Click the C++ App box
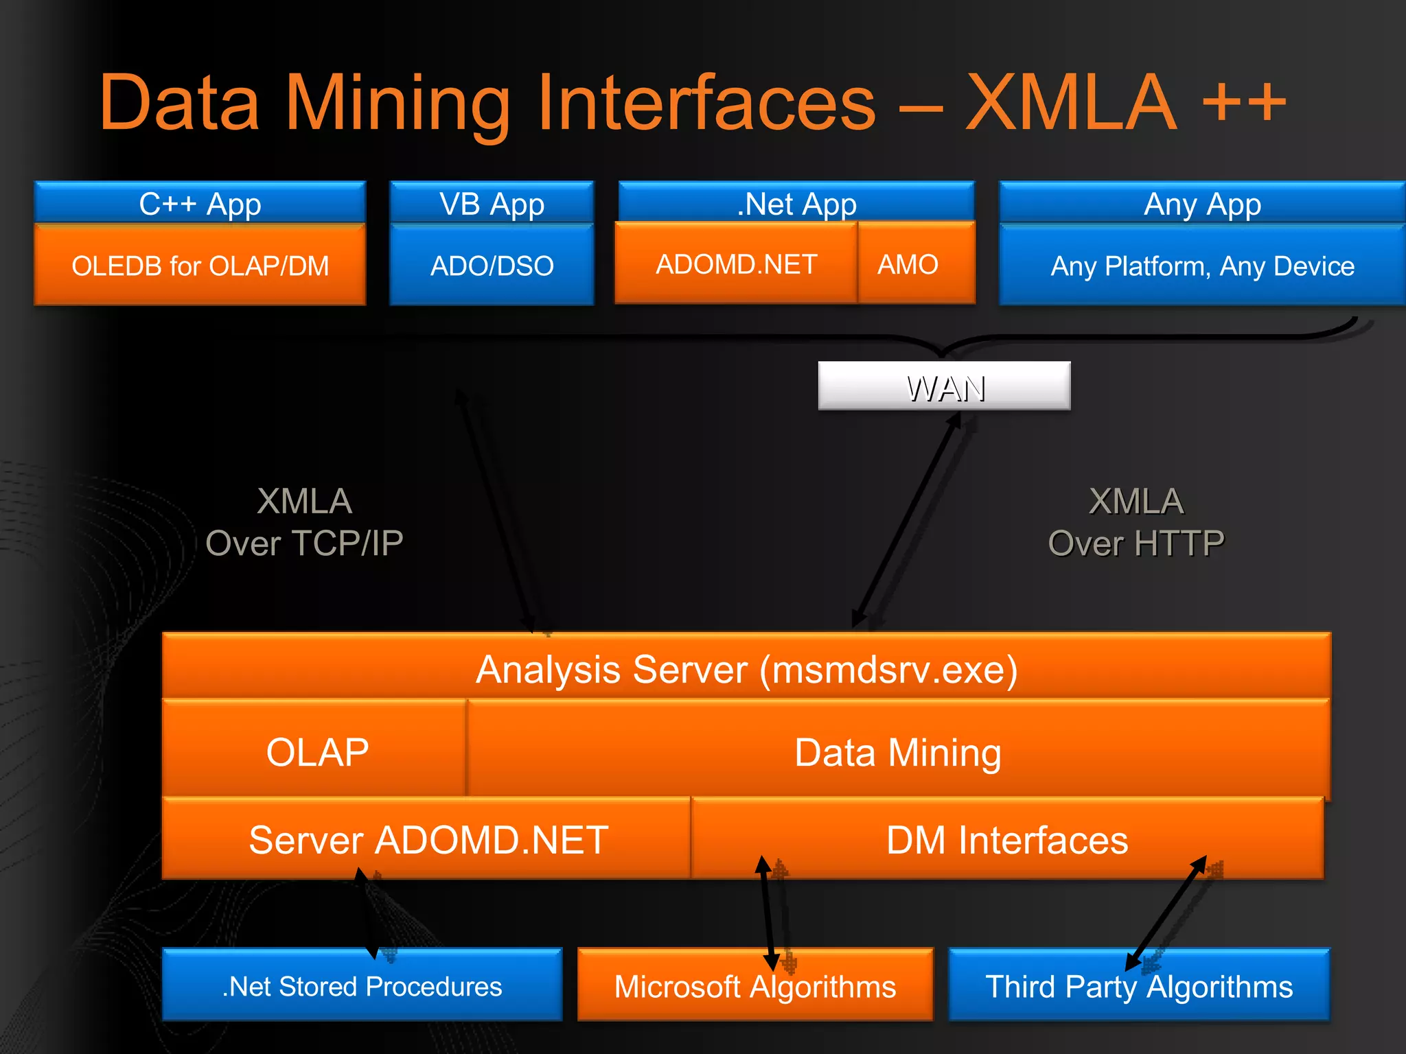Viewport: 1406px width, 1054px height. pos(200,203)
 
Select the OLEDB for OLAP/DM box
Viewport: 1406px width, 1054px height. pos(200,266)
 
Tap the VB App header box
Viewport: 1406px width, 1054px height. pos(492,203)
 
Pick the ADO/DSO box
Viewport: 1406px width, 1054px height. pos(492,266)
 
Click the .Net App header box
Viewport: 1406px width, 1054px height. pos(796,203)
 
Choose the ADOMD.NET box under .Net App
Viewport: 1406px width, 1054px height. pos(736,264)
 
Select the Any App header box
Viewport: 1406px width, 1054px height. pos(1202,203)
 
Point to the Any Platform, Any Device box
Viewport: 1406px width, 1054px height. pos(1202,266)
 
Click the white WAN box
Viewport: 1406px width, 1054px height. pos(944,386)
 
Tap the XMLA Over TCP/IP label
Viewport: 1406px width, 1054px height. pos(304,522)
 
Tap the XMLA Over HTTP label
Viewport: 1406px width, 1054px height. pos(1136,522)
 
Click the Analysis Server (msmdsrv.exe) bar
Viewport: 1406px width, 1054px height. pos(746,668)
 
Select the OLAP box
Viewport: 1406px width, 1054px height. pos(316,751)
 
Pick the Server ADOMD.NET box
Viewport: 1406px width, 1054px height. pos(427,839)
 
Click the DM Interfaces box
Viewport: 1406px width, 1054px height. pos(1006,839)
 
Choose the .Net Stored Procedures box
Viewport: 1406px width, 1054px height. pos(362,986)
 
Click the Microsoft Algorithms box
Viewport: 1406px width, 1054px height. pos(754,986)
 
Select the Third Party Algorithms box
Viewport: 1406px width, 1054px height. pos(1139,986)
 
